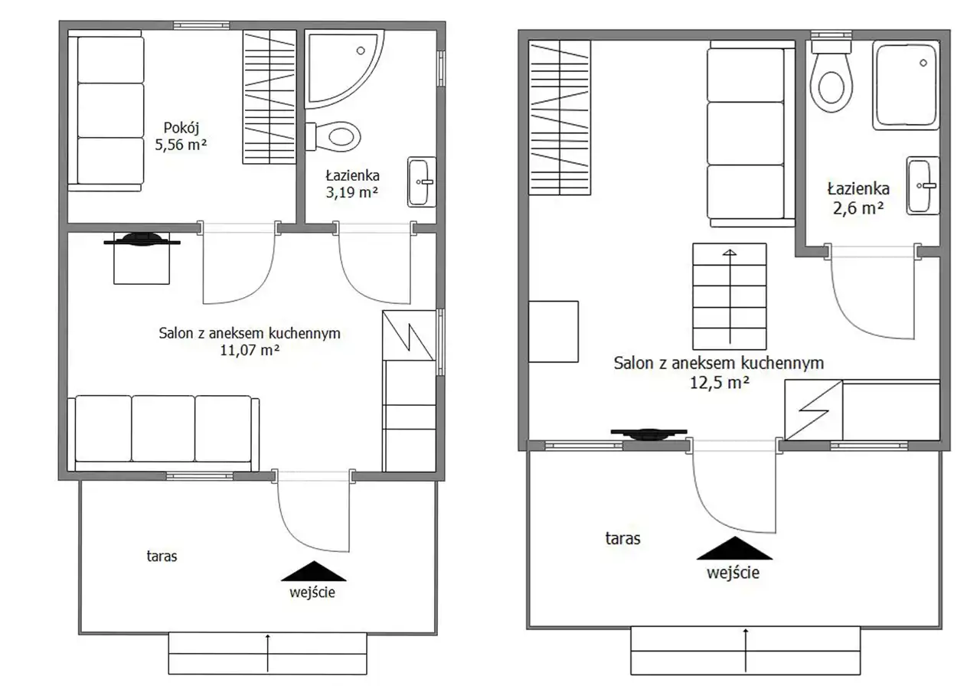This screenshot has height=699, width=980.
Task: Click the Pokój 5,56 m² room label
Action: (181, 136)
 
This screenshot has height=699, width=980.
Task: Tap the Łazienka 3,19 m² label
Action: (352, 184)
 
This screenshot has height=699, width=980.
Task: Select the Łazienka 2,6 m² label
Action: (858, 198)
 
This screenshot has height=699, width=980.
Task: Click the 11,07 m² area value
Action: (250, 351)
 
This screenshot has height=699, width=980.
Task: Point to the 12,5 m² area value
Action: (719, 383)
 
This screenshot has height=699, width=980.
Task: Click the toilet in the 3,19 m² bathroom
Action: (333, 136)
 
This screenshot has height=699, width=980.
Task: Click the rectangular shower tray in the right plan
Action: (906, 85)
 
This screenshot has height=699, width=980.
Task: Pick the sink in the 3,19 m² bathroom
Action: (422, 182)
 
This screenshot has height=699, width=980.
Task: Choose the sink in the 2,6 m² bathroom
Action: (923, 185)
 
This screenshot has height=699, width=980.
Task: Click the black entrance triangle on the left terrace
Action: (314, 571)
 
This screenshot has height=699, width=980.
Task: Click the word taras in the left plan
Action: (162, 557)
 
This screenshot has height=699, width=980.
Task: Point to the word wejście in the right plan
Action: (733, 573)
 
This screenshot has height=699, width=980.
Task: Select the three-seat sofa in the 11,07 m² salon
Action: (163, 433)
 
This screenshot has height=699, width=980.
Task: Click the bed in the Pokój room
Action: (106, 111)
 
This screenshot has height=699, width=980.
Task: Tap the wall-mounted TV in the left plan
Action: (142, 240)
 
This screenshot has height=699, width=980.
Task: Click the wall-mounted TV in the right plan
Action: (648, 434)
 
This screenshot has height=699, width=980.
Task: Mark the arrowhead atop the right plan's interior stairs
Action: (730, 252)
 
